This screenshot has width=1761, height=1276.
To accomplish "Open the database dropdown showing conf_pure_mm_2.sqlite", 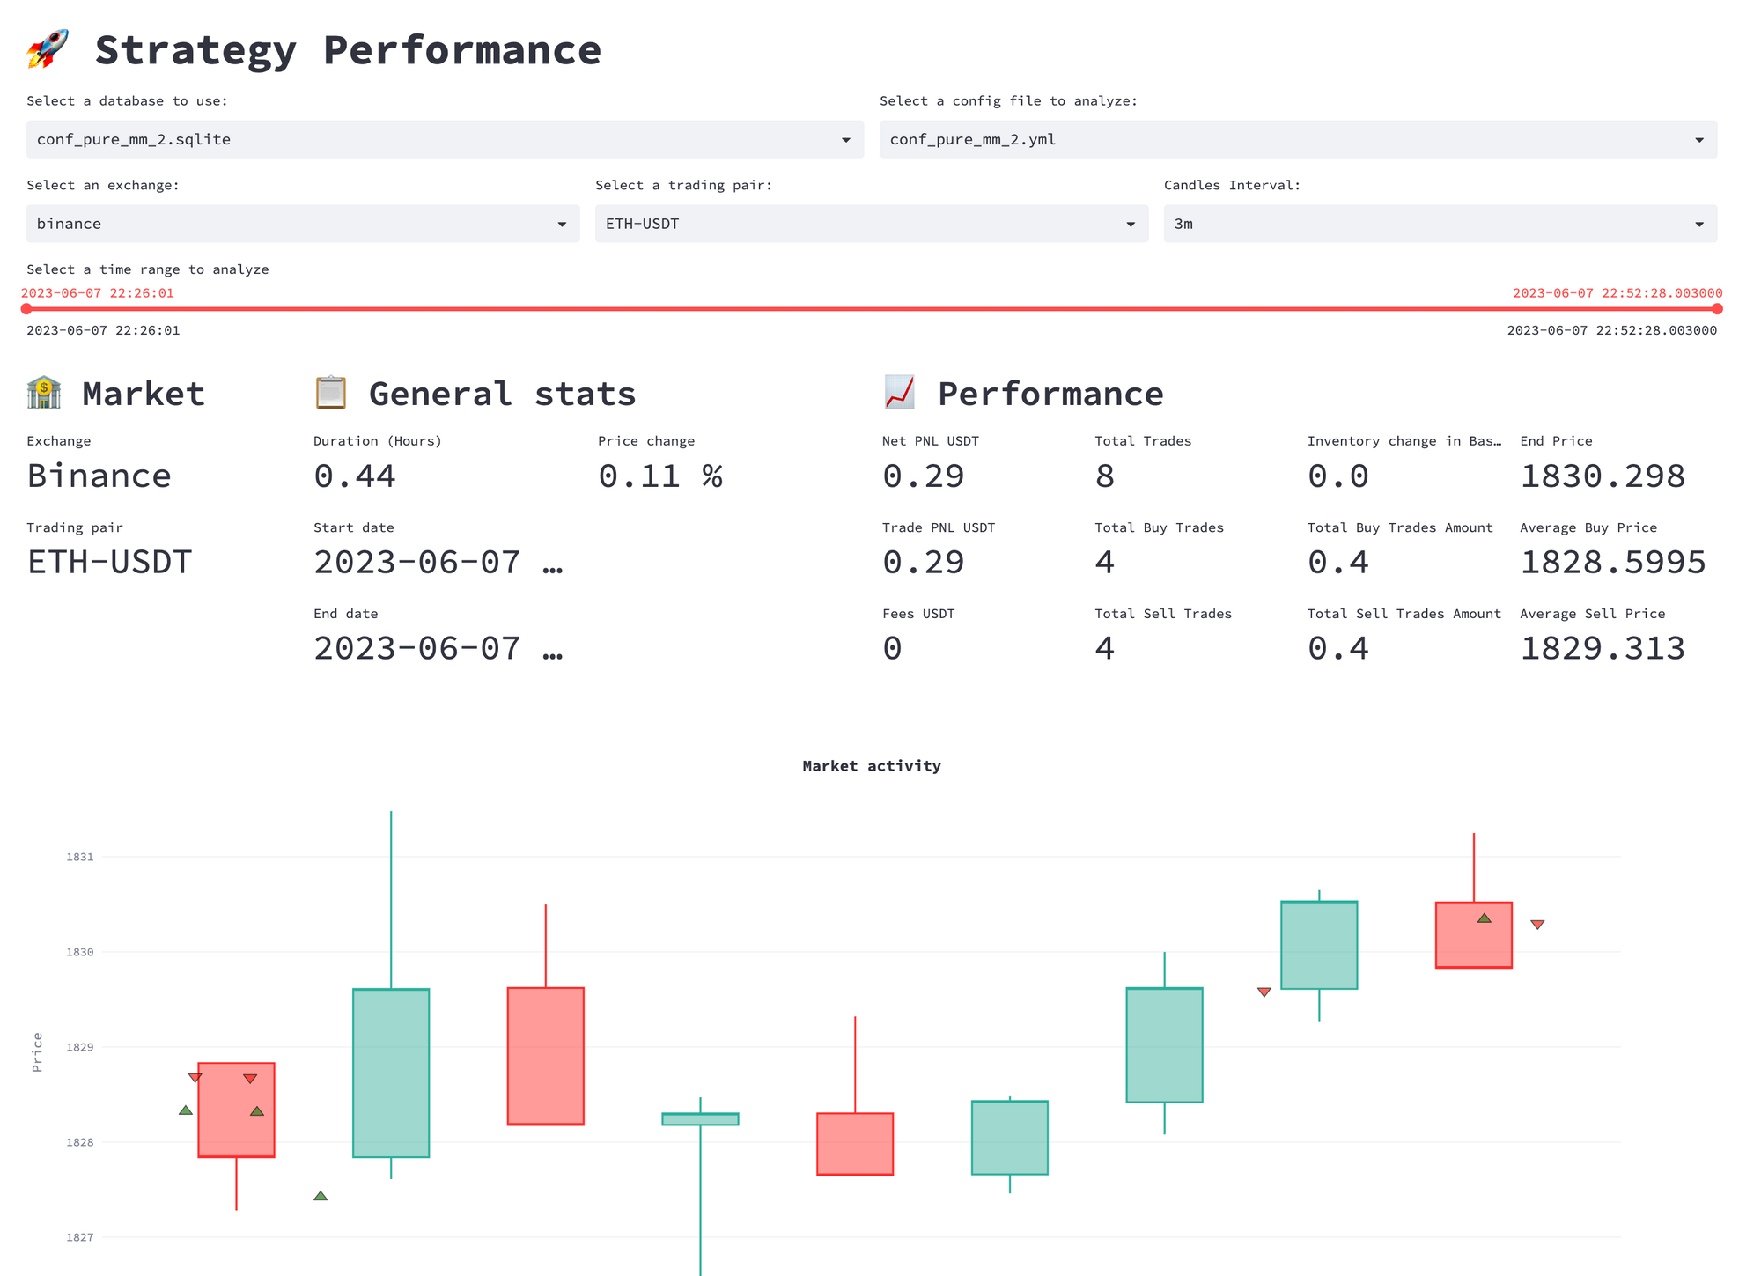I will pos(445,139).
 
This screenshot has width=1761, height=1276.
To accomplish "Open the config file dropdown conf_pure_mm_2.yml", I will pos(1298,139).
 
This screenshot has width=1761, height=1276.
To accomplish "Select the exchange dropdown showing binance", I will pos(302,224).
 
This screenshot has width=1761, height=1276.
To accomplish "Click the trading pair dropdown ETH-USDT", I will pos(871,224).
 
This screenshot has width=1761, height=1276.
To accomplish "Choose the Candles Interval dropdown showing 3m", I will pos(1440,224).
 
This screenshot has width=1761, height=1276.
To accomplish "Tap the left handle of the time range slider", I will pos(26,309).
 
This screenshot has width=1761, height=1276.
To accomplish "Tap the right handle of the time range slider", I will pos(1717,309).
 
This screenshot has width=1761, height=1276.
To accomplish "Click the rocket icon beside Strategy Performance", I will pos(48,48).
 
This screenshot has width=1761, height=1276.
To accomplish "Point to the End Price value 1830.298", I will pos(1602,476).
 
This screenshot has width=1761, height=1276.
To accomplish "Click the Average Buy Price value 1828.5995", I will pos(1612,563).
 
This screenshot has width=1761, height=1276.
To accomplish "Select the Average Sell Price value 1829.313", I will pos(1602,649).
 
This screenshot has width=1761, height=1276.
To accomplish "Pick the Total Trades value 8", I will pos(1104,476).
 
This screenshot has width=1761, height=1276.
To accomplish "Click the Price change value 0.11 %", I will pos(660,476).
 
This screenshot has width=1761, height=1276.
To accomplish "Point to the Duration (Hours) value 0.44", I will pos(355,476).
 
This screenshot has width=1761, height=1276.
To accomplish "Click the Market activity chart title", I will pos(871,766).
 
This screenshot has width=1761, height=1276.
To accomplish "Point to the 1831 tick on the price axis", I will pos(79,857).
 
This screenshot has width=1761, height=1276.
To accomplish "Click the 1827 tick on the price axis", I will pos(79,1237).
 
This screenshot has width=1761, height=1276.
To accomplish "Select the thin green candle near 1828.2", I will pos(700,1119).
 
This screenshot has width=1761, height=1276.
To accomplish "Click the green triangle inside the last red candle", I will pos(1484,918).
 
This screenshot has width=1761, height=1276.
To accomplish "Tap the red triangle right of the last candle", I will pos(1537,925).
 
